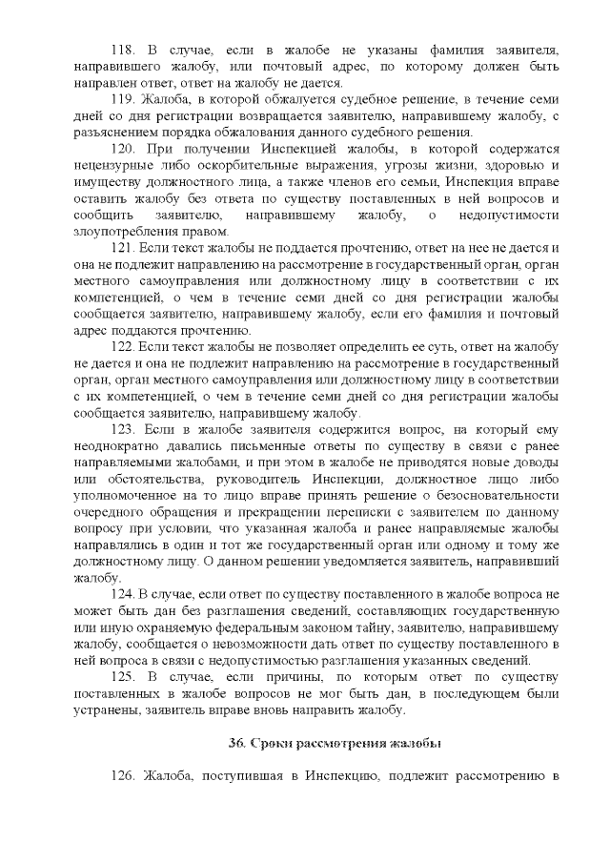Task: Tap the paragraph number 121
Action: coord(126,248)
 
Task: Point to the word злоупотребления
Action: coord(123,232)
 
